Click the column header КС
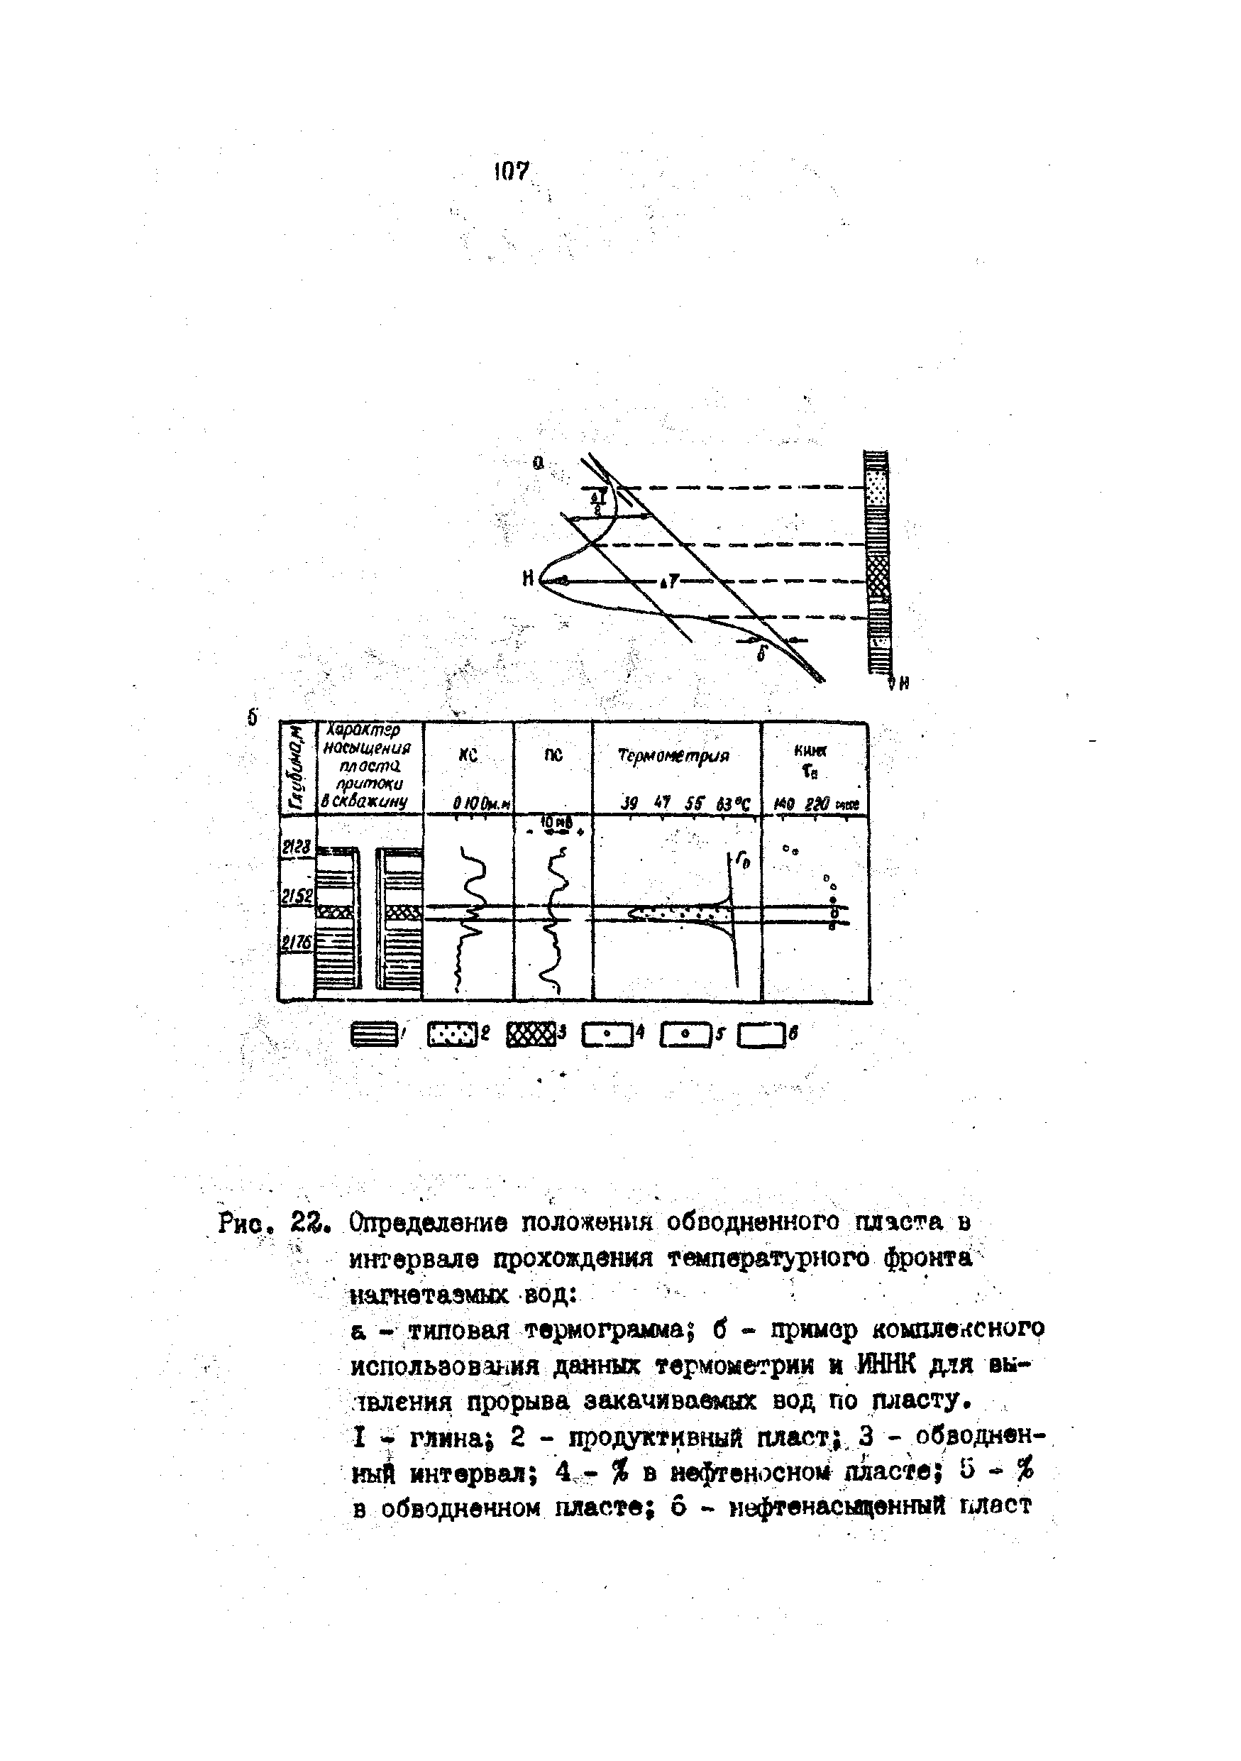coord(468,755)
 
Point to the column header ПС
coord(553,755)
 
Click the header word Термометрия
coord(674,756)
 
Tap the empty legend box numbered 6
coord(761,1036)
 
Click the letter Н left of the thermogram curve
coord(528,580)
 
